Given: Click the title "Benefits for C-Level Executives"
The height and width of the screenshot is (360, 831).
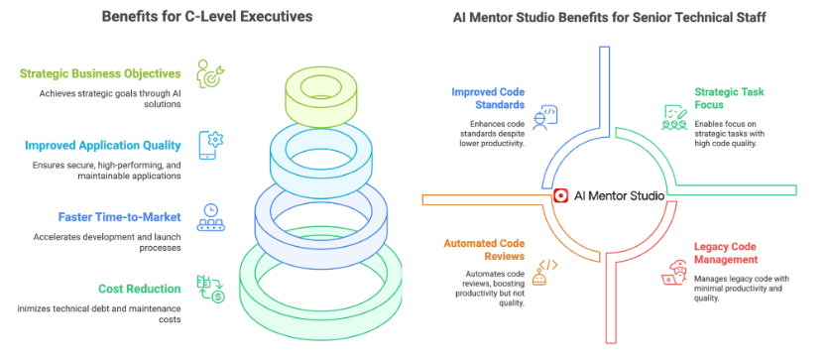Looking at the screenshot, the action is tap(207, 17).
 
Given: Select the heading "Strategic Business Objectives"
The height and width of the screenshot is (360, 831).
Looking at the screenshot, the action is tap(100, 73).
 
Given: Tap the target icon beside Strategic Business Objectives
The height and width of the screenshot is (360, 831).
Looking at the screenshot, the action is tap(210, 73).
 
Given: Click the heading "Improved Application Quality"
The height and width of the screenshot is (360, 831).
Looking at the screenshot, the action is tap(103, 145).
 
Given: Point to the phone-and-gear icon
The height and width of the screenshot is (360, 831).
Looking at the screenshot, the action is tap(211, 145).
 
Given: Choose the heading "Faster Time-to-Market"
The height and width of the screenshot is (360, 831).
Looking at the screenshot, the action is tap(119, 217).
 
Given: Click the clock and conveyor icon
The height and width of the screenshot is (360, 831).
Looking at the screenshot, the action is tap(211, 217).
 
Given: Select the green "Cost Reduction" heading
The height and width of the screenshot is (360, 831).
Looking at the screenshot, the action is tap(140, 289).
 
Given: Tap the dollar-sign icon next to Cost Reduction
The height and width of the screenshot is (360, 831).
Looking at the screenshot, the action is tap(211, 289).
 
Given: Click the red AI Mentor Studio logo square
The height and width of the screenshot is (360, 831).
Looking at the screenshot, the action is tap(560, 195).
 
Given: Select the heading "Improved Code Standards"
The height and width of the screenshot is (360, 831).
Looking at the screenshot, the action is tap(488, 98).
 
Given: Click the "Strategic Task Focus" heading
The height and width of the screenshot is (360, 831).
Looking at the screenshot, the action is tap(730, 98).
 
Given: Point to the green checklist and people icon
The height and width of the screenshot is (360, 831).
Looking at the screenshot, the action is tap(674, 117).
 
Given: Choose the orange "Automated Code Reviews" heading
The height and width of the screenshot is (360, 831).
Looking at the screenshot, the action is tap(484, 250).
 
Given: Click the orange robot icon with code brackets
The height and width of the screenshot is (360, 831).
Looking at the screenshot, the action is tap(545, 273).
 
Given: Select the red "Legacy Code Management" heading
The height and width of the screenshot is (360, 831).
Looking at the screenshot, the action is tap(726, 254).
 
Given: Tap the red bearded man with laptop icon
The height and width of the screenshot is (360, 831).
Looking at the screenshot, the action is tap(674, 273).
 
